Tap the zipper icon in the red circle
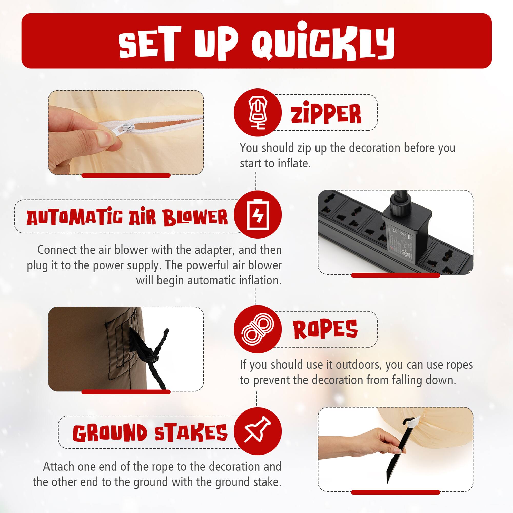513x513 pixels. tap(257, 113)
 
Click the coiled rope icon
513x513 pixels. tap(257, 329)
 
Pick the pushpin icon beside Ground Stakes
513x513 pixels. tap(257, 431)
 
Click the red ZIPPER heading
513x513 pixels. tap(326, 114)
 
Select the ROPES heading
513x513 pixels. tap(325, 330)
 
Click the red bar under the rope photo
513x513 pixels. tap(126, 392)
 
